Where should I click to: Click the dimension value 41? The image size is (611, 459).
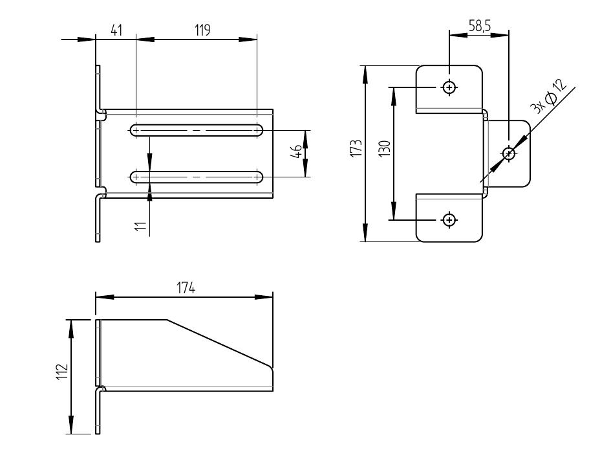(116, 30)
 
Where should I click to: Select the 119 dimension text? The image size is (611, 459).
(202, 30)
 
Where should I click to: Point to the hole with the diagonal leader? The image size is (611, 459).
(509, 153)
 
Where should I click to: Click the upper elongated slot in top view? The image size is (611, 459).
(197, 130)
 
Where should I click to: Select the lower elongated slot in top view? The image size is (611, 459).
(197, 176)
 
